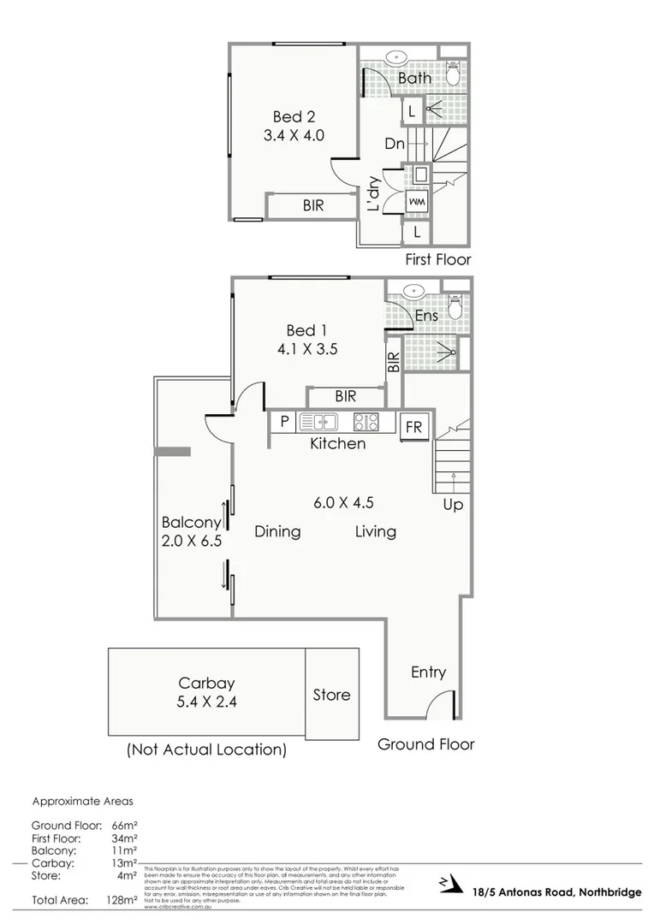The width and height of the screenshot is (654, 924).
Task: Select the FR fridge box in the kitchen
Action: (x=413, y=427)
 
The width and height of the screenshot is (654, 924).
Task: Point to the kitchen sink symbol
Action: (x=318, y=421)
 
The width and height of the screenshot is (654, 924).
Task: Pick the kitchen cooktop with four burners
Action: (x=366, y=421)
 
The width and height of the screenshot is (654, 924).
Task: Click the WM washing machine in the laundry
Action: (x=418, y=201)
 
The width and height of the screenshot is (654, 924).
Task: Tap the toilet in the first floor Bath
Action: (x=455, y=75)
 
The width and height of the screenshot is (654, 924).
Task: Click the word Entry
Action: (x=428, y=672)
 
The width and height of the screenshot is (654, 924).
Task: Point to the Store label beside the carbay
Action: (x=331, y=695)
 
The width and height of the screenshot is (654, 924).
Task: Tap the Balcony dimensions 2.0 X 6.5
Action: (x=191, y=541)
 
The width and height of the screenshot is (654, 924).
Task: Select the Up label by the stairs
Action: (x=453, y=505)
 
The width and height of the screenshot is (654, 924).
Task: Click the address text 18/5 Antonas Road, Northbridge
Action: (x=556, y=892)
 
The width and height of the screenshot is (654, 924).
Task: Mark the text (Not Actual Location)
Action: (x=206, y=749)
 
